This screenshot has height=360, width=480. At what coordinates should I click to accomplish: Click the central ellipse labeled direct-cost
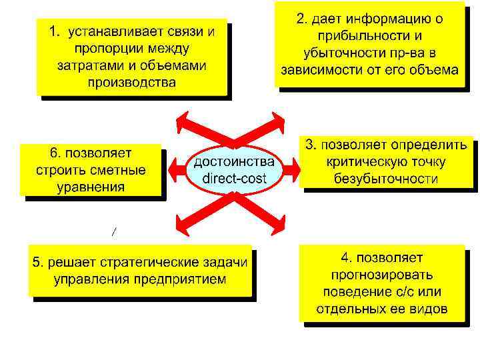click(234, 171)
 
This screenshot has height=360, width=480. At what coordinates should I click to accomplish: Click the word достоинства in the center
click(234, 162)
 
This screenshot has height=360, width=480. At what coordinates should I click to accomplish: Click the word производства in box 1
click(132, 83)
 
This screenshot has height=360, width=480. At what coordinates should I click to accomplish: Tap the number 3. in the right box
click(311, 145)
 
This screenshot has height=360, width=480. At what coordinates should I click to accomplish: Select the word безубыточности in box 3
click(387, 179)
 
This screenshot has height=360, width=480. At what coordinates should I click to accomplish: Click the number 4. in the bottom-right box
click(348, 258)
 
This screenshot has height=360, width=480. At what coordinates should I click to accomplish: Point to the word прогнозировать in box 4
click(383, 275)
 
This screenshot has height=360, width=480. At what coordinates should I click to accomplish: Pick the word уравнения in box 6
click(91, 186)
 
